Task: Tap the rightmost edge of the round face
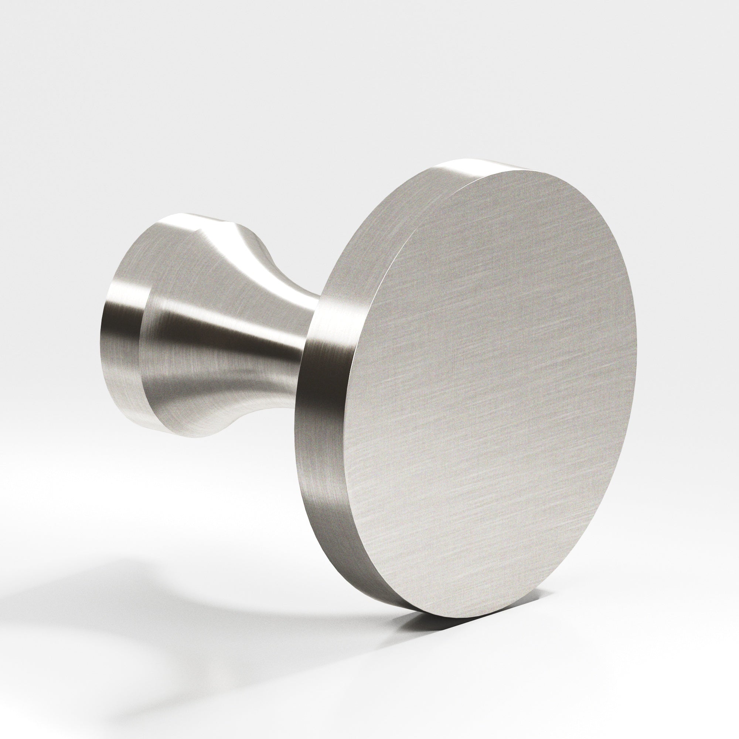pyautogui.click(x=637, y=367)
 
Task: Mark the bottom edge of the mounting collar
pyautogui.click(x=153, y=428)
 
